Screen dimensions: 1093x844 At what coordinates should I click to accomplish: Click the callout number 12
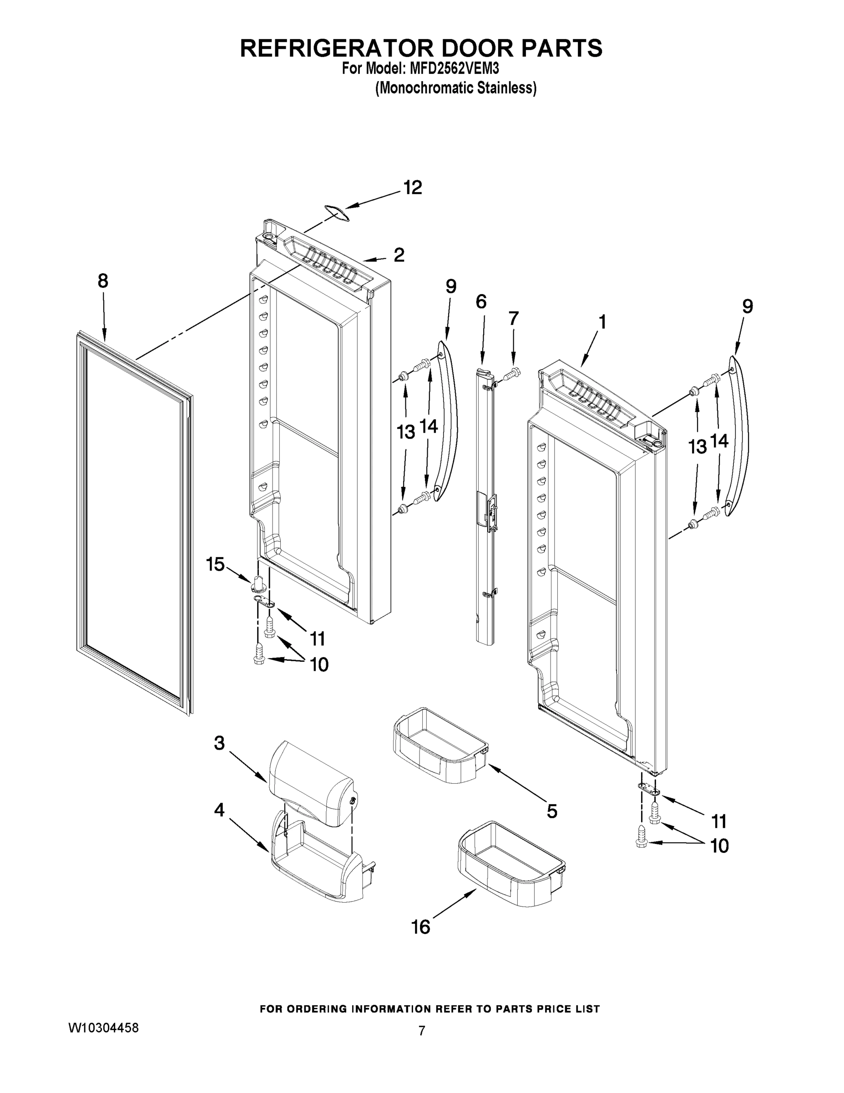[413, 188]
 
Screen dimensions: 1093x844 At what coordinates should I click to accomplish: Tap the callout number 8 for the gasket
[102, 281]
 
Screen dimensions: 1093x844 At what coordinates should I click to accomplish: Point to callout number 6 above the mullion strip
[481, 302]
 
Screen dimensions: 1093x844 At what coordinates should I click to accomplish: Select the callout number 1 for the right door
[602, 322]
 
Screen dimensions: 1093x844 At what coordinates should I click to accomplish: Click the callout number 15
[215, 565]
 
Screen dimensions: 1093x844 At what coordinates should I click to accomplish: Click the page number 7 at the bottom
[421, 1031]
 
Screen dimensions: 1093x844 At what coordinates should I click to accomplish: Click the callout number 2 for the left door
[399, 255]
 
